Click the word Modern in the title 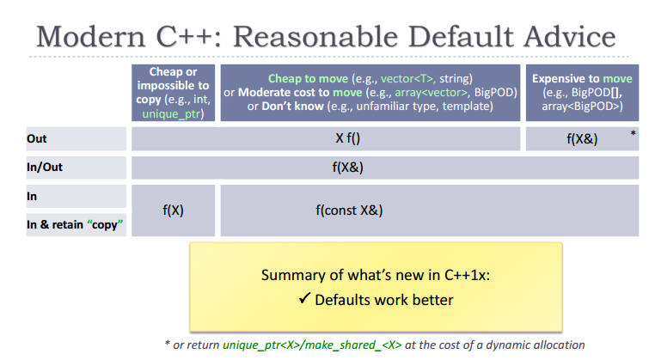pyautogui.click(x=91, y=37)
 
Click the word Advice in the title pyautogui.click(x=570, y=37)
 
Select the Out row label pyautogui.click(x=37, y=138)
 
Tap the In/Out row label pyautogui.click(x=45, y=167)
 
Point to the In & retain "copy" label pyautogui.click(x=75, y=225)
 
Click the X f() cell pyautogui.click(x=347, y=138)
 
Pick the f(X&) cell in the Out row pyautogui.click(x=582, y=138)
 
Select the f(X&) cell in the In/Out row pyautogui.click(x=347, y=168)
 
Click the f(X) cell pyautogui.click(x=173, y=210)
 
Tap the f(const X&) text pyautogui.click(x=349, y=210)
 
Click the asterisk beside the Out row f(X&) pyautogui.click(x=633, y=134)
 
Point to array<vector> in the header pyautogui.click(x=432, y=92)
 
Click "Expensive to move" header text pyautogui.click(x=582, y=78)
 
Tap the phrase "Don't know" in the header pyautogui.click(x=292, y=106)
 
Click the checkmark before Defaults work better pyautogui.click(x=305, y=298)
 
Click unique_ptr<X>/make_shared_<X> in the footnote pyautogui.click(x=312, y=345)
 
